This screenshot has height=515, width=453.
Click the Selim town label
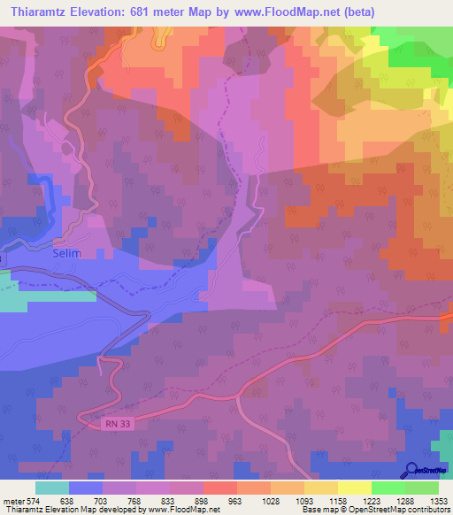point(67,253)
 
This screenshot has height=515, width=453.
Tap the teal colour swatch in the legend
point(52,487)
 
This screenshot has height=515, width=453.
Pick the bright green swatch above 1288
point(388,487)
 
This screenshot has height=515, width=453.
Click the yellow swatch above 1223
point(355,487)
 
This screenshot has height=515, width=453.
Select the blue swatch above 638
point(86,487)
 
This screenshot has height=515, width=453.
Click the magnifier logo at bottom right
point(411,471)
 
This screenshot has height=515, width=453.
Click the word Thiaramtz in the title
point(38,12)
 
